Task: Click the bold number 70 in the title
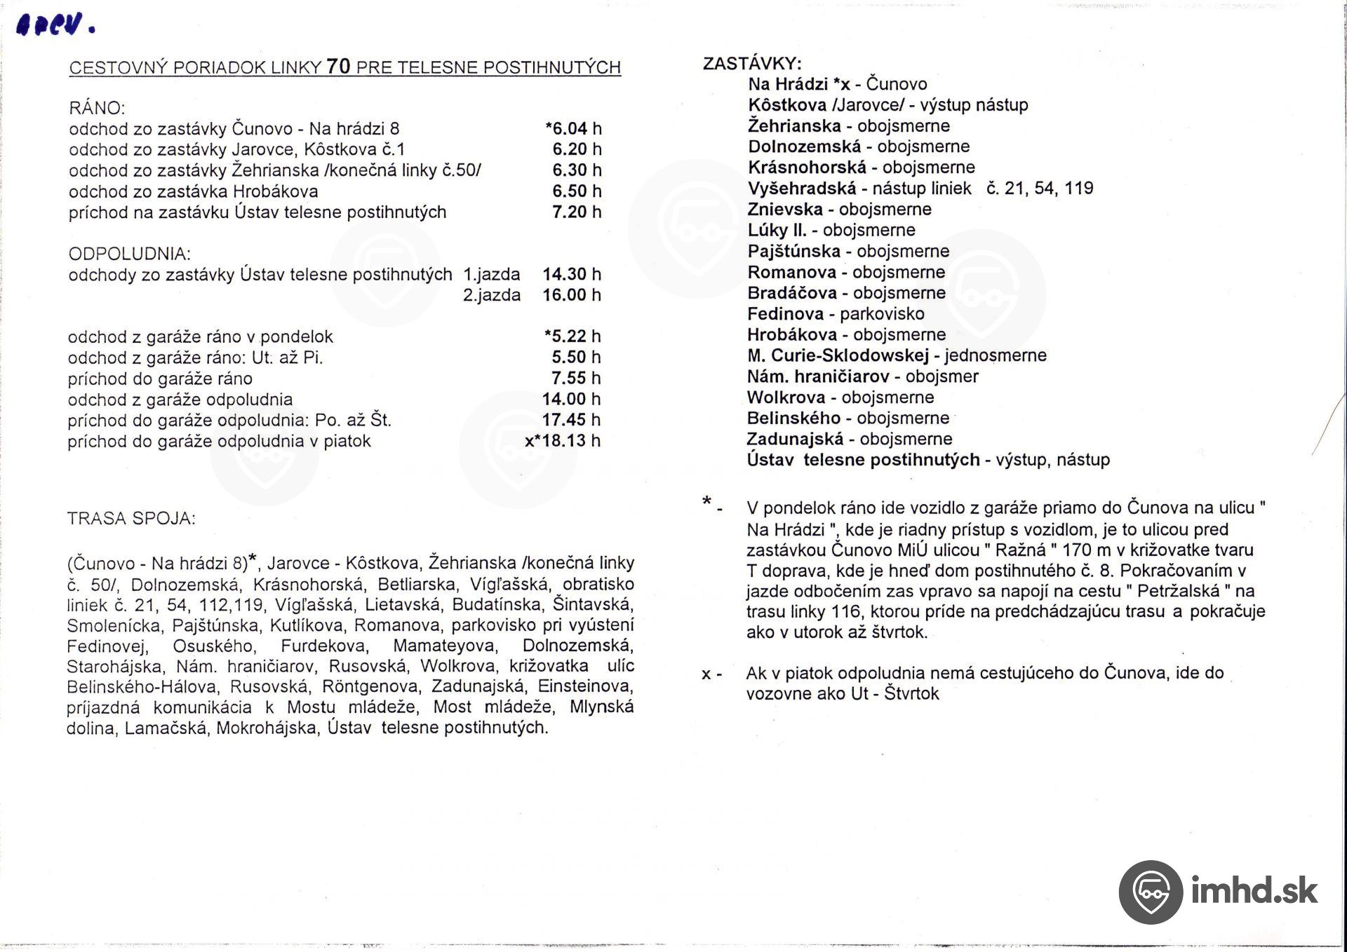(x=338, y=67)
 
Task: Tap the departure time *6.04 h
(x=573, y=128)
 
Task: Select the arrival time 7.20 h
(x=576, y=212)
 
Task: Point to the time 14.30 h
(x=571, y=274)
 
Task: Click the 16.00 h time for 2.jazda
(x=571, y=295)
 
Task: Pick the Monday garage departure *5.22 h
(x=573, y=336)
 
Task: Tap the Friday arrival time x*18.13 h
(x=563, y=441)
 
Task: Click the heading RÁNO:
(x=97, y=108)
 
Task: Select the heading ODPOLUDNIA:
(x=129, y=254)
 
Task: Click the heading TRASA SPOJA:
(x=131, y=519)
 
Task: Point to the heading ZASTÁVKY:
(x=752, y=64)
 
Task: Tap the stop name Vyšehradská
(x=802, y=189)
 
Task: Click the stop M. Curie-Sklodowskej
(x=838, y=355)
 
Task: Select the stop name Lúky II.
(x=777, y=230)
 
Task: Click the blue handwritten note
(x=54, y=26)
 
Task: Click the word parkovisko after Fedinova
(x=882, y=314)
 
